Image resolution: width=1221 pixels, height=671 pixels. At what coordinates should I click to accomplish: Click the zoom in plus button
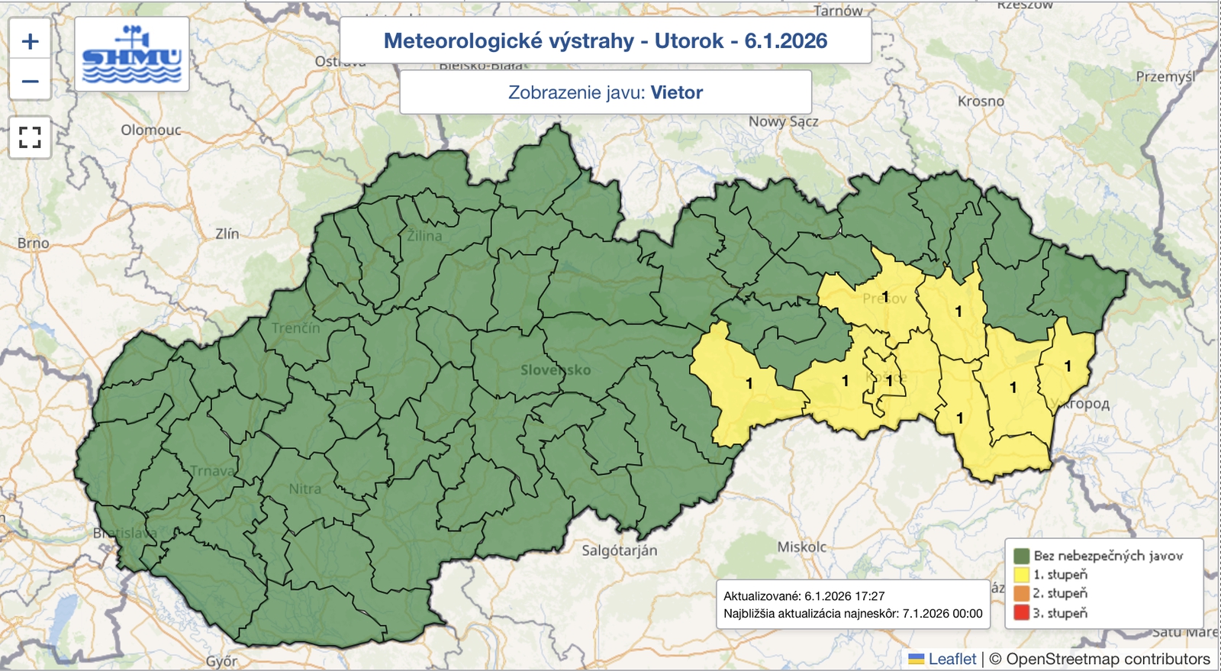[30, 40]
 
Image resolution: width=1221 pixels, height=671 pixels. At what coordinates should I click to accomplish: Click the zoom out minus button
[30, 81]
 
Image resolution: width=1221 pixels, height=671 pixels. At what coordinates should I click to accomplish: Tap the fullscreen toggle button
[30, 137]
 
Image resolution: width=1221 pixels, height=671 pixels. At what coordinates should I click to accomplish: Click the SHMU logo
[132, 55]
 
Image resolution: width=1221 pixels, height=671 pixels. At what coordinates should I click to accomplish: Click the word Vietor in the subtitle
[676, 92]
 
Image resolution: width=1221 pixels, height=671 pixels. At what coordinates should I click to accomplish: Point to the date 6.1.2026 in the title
[785, 41]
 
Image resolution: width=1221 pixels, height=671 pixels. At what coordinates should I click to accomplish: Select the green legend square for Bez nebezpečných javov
[1022, 556]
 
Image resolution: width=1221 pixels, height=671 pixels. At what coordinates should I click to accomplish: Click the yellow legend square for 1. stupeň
[1022, 575]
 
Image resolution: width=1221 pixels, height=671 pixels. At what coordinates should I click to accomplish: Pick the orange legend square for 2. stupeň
[1022, 594]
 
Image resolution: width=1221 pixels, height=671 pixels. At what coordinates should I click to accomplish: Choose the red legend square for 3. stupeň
[1022, 613]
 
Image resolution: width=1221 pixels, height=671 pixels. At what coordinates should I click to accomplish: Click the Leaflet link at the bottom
[952, 659]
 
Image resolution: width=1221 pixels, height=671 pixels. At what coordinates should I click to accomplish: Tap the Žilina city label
[424, 236]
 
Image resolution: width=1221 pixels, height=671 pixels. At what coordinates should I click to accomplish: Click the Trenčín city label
[296, 328]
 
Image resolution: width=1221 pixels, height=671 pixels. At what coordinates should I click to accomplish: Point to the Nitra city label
[304, 489]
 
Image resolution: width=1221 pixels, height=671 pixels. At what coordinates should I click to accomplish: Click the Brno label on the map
[33, 243]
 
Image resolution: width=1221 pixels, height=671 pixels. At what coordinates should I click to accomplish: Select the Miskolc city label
[801, 547]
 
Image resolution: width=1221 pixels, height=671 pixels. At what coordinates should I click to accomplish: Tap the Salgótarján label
[619, 550]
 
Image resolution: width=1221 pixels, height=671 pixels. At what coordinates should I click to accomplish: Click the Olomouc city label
[150, 130]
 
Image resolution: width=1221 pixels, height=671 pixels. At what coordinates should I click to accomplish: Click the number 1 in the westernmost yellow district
[749, 383]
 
